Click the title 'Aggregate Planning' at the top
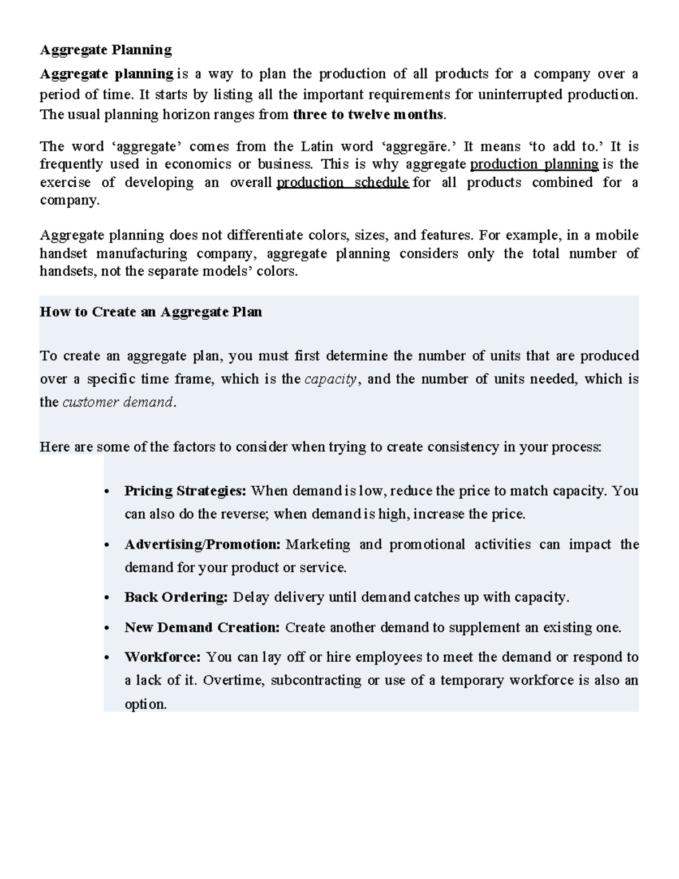[x=106, y=50]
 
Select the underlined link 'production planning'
[x=534, y=165]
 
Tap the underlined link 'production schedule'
[x=343, y=183]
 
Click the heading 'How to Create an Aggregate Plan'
[x=151, y=312]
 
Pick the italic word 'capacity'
[x=331, y=379]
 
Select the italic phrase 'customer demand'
[x=117, y=402]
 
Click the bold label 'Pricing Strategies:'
[x=185, y=491]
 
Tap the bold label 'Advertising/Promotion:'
[x=203, y=544]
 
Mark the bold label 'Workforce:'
[x=162, y=657]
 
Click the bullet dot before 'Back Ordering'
[x=107, y=598]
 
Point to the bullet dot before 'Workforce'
[x=107, y=658]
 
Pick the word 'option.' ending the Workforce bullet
[x=145, y=704]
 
